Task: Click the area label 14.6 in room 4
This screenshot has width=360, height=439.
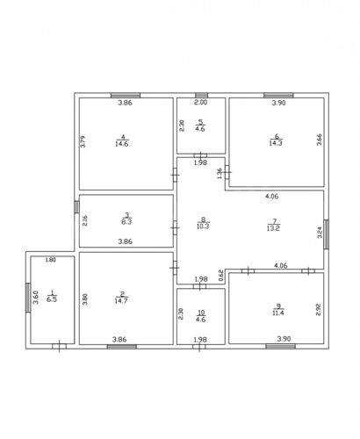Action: click(122, 144)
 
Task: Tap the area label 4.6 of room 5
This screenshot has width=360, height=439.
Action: click(200, 129)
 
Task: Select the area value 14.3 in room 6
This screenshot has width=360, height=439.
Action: click(276, 143)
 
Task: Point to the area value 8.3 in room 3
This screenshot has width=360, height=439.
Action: click(126, 222)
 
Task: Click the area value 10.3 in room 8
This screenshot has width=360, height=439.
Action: click(203, 226)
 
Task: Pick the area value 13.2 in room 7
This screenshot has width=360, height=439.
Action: click(273, 228)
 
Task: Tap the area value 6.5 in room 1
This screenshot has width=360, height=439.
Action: click(52, 299)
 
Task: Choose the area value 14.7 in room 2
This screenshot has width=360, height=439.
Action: click(121, 300)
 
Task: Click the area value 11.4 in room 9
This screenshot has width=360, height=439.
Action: click(278, 313)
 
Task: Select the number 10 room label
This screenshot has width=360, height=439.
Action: click(201, 313)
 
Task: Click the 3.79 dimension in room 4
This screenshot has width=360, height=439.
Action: click(83, 141)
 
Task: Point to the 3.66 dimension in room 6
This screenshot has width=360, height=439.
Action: click(320, 140)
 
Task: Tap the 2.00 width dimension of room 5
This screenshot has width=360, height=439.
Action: click(201, 102)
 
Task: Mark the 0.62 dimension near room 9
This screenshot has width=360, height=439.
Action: click(221, 276)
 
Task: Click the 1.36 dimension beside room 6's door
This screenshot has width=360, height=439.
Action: click(219, 173)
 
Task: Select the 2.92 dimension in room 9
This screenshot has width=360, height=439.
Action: click(319, 310)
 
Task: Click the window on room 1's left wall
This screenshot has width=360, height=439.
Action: click(28, 298)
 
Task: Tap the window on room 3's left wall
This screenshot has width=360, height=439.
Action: click(76, 207)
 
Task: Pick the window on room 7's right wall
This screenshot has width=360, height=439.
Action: click(326, 234)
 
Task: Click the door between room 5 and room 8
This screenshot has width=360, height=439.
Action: click(200, 155)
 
